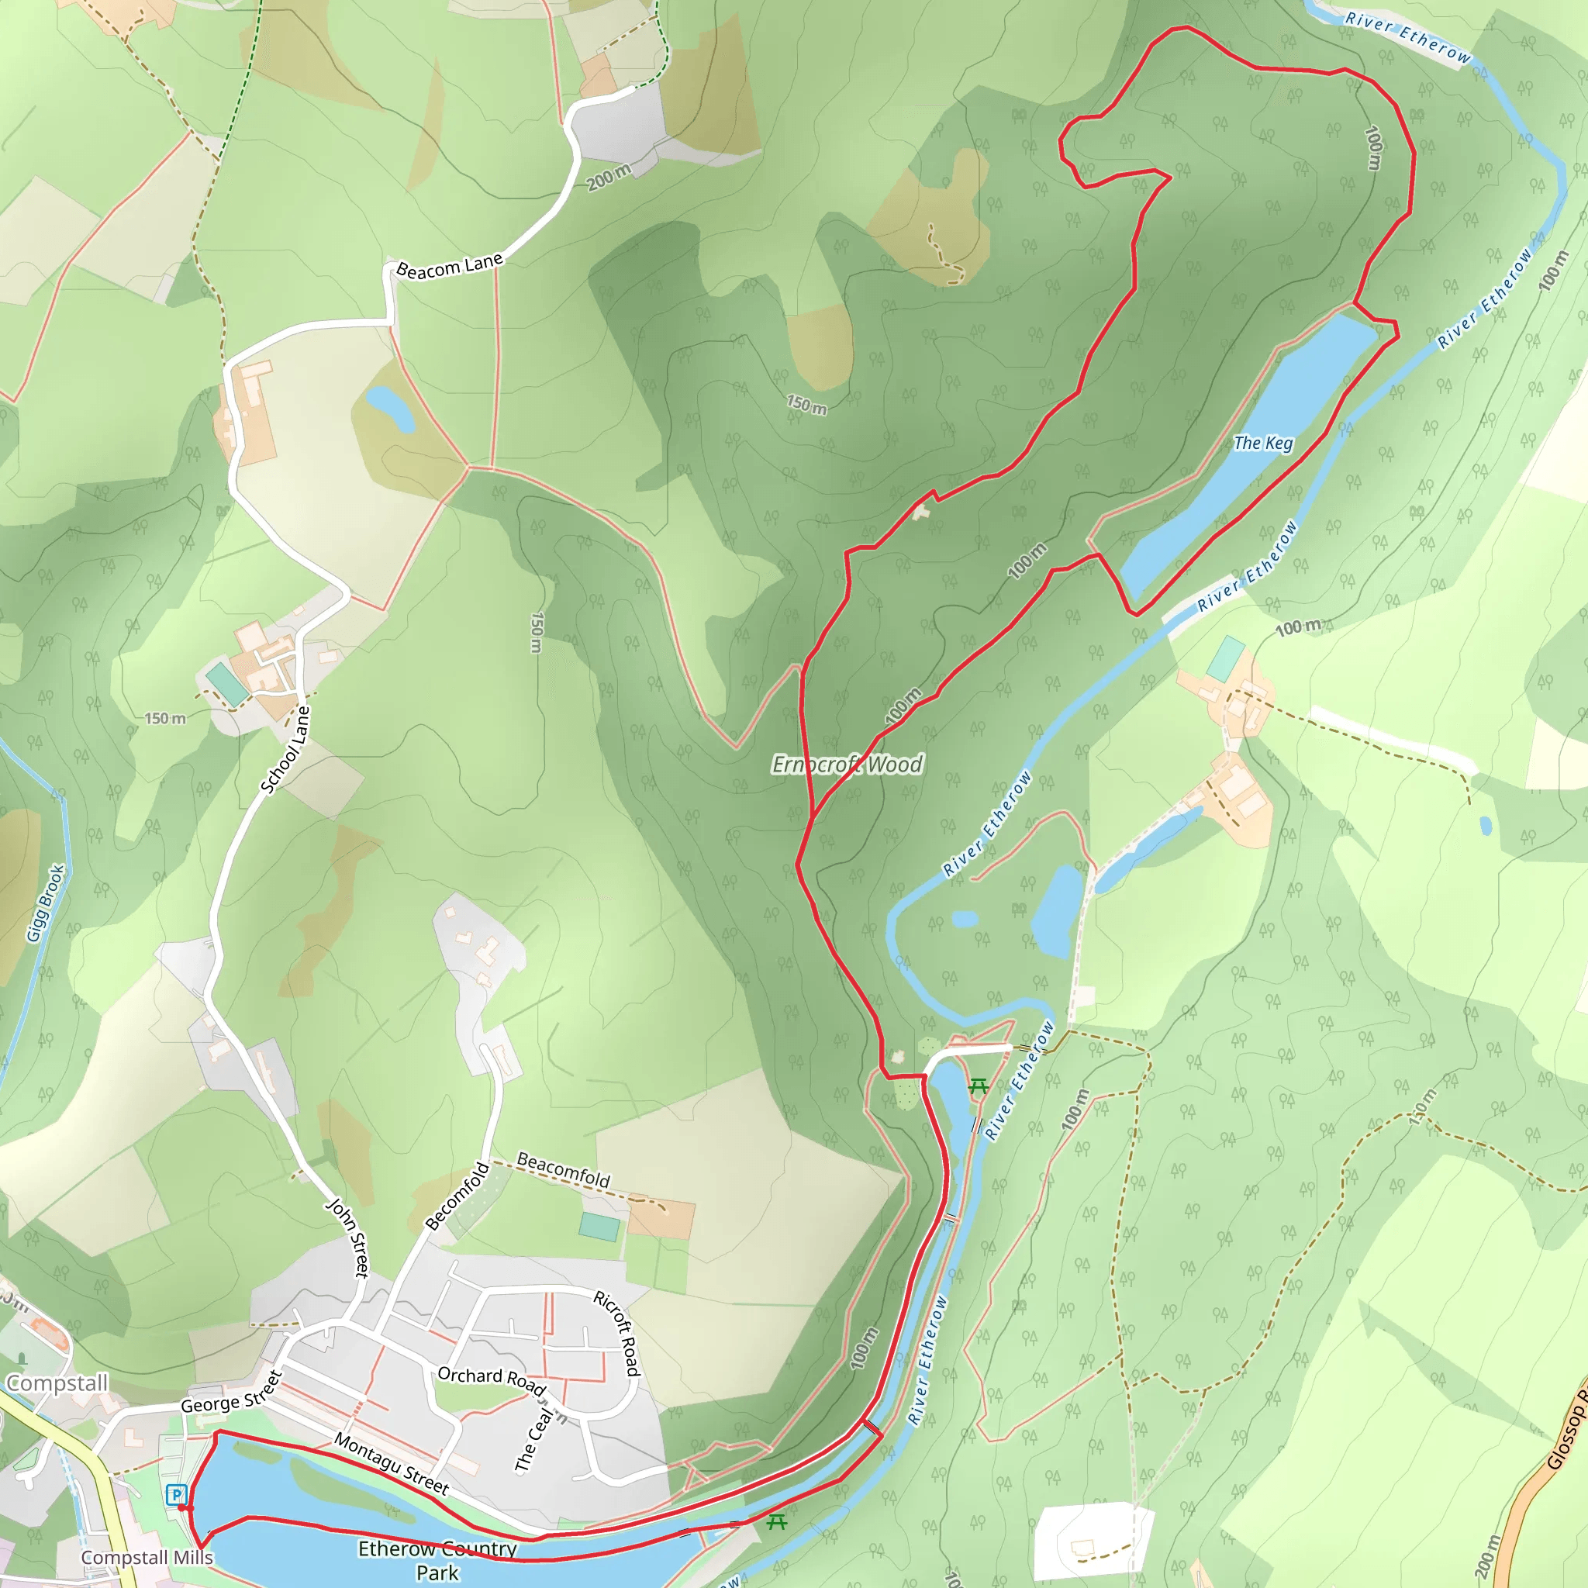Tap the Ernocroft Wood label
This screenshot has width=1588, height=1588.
click(x=847, y=765)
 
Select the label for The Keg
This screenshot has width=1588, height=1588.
click(x=1263, y=443)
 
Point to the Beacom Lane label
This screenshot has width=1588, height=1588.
click(x=450, y=266)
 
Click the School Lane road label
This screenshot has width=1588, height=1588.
click(x=286, y=751)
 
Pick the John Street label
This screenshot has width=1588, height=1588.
click(x=348, y=1238)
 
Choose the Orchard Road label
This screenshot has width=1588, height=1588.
click(x=492, y=1379)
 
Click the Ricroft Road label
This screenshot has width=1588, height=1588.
click(x=617, y=1333)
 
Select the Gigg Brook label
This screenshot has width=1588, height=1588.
click(x=45, y=903)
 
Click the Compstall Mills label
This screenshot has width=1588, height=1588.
click(x=147, y=1558)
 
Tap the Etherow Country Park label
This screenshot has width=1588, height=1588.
click(x=437, y=1560)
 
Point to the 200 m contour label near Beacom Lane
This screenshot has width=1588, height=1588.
click(x=609, y=177)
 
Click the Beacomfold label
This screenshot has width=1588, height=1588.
click(x=563, y=1169)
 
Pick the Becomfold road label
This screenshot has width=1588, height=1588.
click(x=457, y=1196)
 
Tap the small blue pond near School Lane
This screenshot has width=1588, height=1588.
click(x=391, y=409)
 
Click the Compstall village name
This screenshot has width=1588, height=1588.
click(x=57, y=1383)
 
